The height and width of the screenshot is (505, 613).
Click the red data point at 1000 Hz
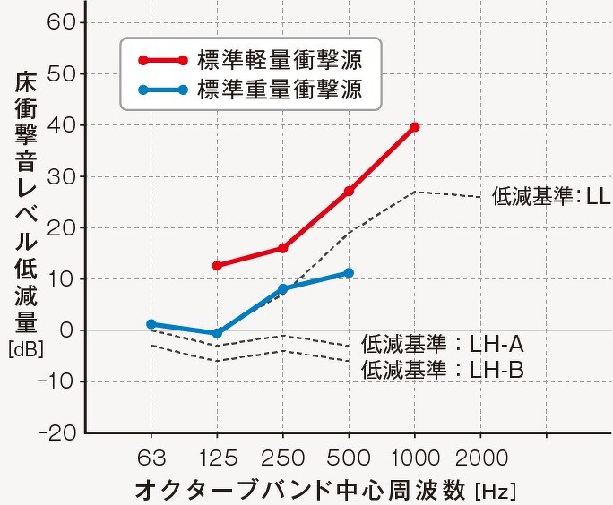click(414, 127)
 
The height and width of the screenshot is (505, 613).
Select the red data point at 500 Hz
click(349, 192)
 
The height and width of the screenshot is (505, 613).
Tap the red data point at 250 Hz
click(282, 248)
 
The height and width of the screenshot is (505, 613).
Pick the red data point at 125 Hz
click(217, 266)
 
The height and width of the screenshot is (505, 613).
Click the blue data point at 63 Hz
click(151, 324)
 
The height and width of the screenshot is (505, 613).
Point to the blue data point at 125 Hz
click(217, 333)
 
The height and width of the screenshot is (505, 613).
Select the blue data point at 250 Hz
click(282, 288)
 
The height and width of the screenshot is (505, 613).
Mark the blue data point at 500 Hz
click(349, 272)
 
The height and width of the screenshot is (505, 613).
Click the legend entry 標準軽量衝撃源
click(279, 61)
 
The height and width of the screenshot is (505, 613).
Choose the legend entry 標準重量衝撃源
click(279, 90)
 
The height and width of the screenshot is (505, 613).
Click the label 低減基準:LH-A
click(442, 343)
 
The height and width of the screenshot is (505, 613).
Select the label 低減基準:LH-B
click(442, 368)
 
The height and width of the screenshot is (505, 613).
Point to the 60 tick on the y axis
click(60, 21)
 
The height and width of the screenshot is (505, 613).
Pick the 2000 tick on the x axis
click(480, 459)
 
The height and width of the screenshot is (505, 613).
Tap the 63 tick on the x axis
click(151, 459)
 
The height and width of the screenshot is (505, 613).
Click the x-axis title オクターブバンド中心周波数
click(303, 490)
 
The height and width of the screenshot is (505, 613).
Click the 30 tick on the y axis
click(60, 176)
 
